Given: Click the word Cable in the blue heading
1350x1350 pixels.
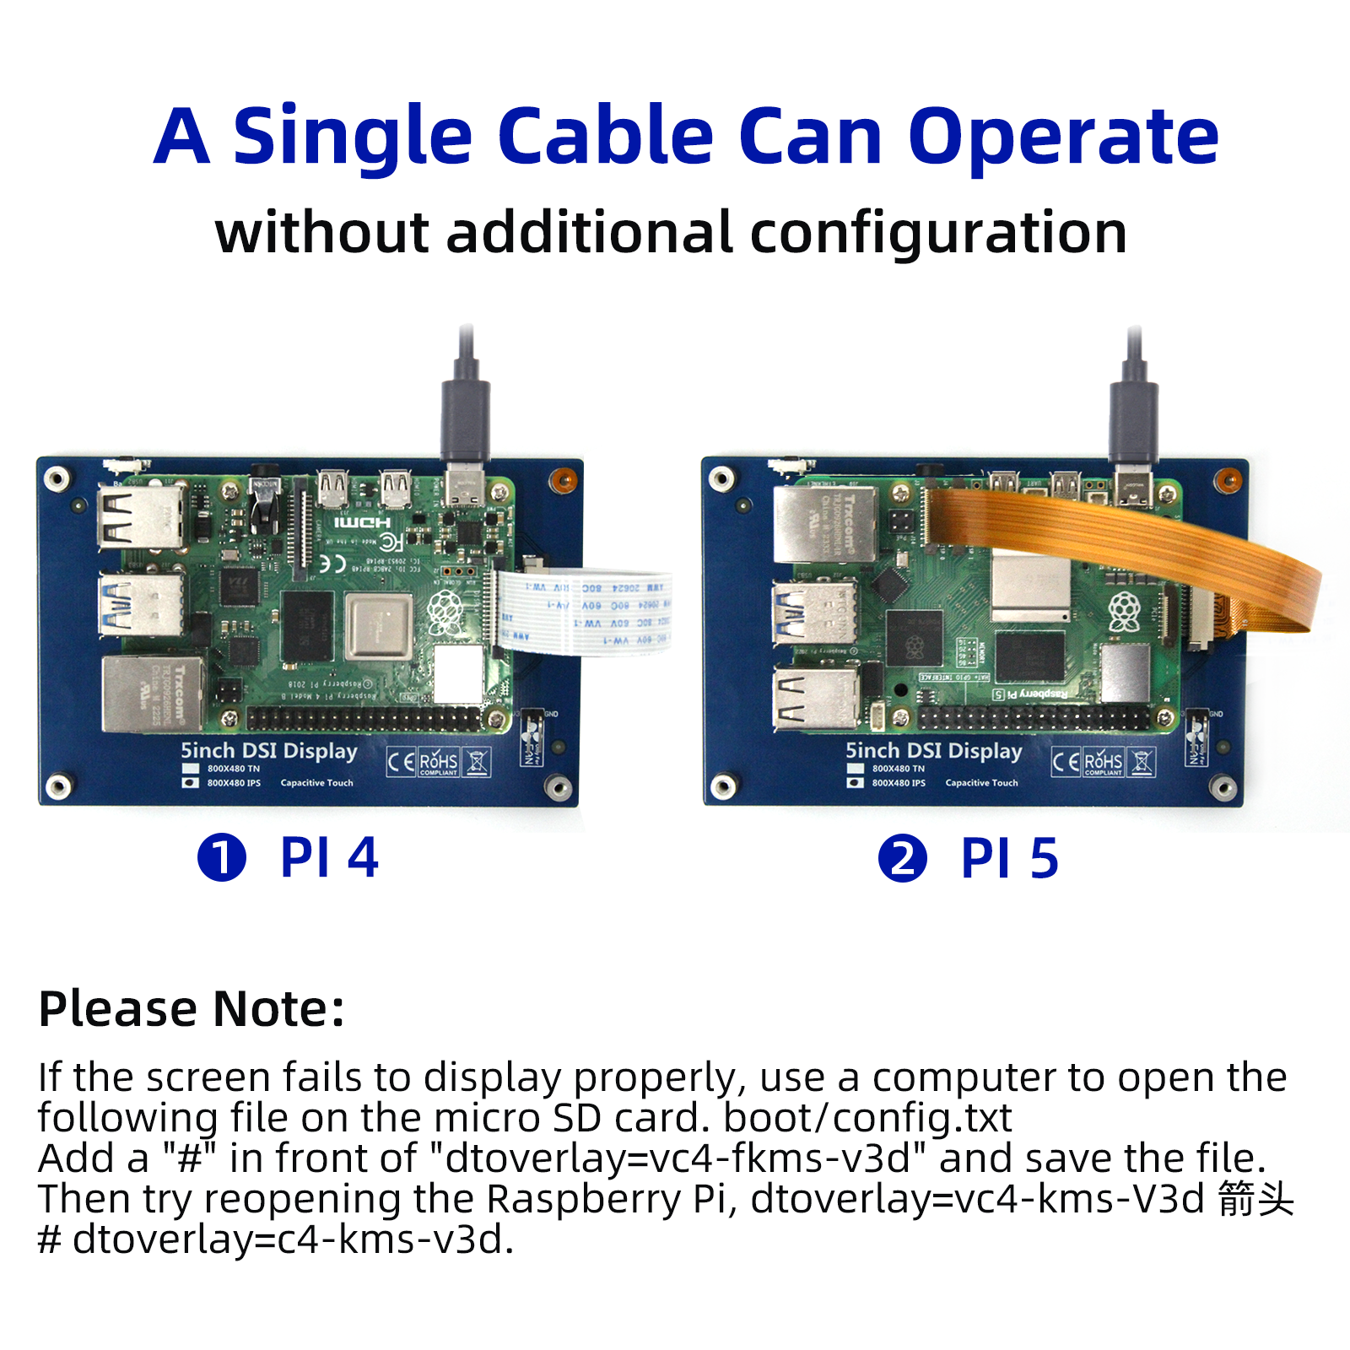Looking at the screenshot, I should click(x=606, y=137).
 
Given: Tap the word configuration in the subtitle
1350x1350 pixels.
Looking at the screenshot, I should click(x=938, y=233).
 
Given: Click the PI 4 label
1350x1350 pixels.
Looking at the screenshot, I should click(x=329, y=858).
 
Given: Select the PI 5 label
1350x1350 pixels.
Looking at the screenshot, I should click(x=1010, y=859).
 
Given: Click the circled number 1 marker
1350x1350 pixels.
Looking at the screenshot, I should click(x=222, y=858).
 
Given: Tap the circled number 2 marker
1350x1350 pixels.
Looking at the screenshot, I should click(x=903, y=859).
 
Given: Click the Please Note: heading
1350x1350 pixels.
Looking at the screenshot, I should click(x=192, y=1008).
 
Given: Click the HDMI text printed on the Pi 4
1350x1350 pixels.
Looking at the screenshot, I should click(x=362, y=523).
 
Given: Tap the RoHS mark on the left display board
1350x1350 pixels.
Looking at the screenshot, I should click(x=438, y=762).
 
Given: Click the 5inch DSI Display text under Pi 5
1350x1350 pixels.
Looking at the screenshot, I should click(x=934, y=751).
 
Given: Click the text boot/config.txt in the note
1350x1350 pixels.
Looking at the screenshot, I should click(x=867, y=1118).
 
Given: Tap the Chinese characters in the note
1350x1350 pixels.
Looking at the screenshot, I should click(x=1255, y=1199).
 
